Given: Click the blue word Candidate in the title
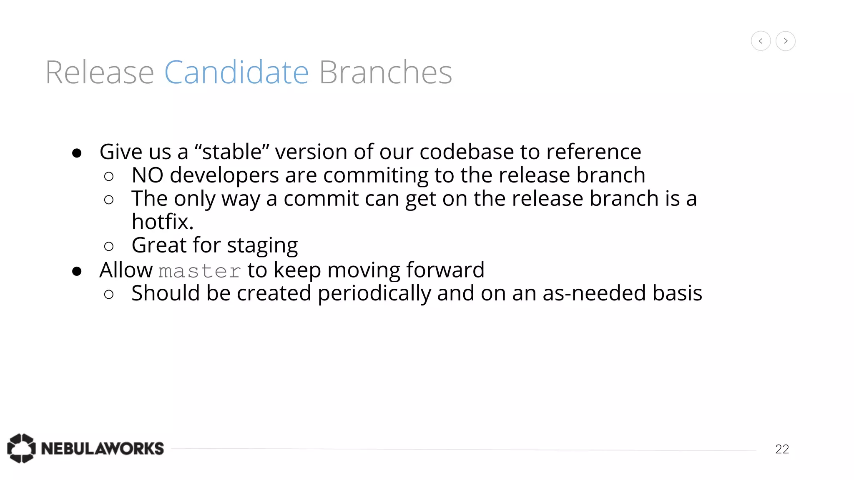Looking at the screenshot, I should point(236,72).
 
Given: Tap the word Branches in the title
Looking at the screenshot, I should point(385,72).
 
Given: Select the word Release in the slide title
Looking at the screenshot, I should point(100,72).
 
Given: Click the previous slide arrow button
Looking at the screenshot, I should point(761,41).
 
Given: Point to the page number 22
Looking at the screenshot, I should point(782,449).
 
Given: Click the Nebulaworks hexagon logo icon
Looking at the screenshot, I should point(21,448).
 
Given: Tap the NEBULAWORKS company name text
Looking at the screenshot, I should point(103,449).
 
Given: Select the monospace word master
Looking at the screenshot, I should point(200,271).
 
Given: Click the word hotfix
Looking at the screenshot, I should point(163,222).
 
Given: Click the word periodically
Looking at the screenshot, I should point(374,293).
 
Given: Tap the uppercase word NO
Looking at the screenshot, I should point(147,175).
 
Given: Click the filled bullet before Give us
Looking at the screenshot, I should point(77,153).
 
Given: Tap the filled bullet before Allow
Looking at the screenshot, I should point(77,272).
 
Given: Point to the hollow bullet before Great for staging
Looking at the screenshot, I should point(109,247).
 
